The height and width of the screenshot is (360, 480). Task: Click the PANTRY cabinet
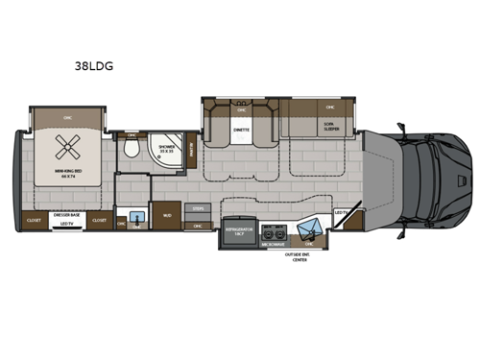[x=193, y=149]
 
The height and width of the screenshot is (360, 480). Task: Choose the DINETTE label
[x=242, y=128]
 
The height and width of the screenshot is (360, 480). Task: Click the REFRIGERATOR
[x=239, y=232]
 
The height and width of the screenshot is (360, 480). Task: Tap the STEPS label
[x=199, y=207]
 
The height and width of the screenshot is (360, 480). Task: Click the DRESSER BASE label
[x=67, y=212]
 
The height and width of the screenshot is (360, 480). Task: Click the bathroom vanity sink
[x=137, y=218]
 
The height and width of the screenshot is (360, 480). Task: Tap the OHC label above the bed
[x=66, y=114]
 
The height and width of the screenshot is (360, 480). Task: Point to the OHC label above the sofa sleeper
[x=329, y=108]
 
